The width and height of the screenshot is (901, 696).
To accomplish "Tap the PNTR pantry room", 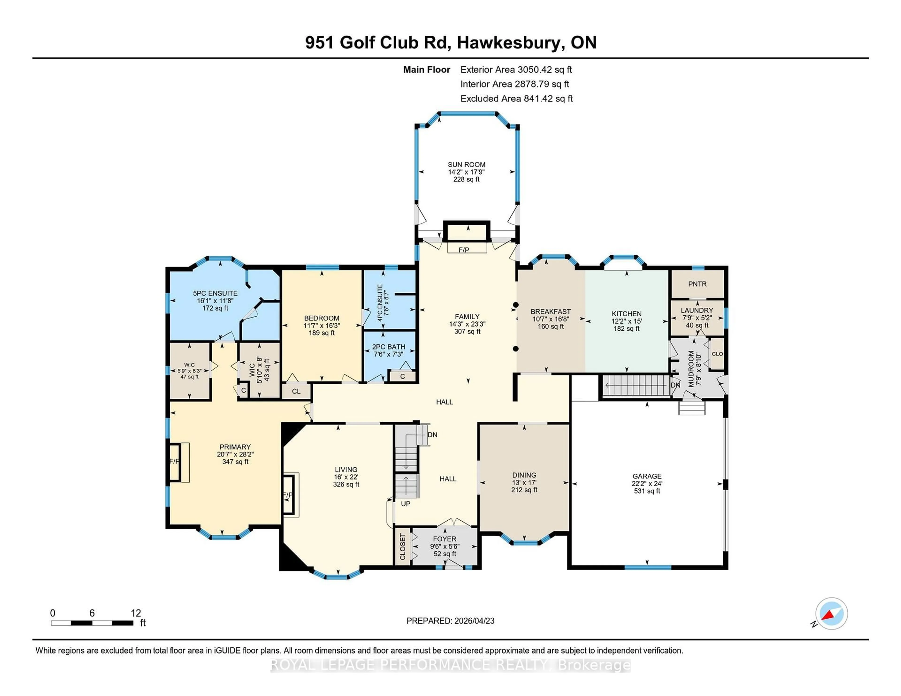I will click(x=697, y=284).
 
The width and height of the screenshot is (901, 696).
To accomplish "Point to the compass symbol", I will click(x=831, y=613).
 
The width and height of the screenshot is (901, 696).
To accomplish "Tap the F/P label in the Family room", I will click(x=464, y=250).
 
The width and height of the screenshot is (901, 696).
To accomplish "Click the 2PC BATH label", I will click(x=388, y=347).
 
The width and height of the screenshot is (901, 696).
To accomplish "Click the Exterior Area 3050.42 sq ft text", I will click(x=516, y=70).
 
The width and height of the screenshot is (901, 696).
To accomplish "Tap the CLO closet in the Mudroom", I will click(x=717, y=354).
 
